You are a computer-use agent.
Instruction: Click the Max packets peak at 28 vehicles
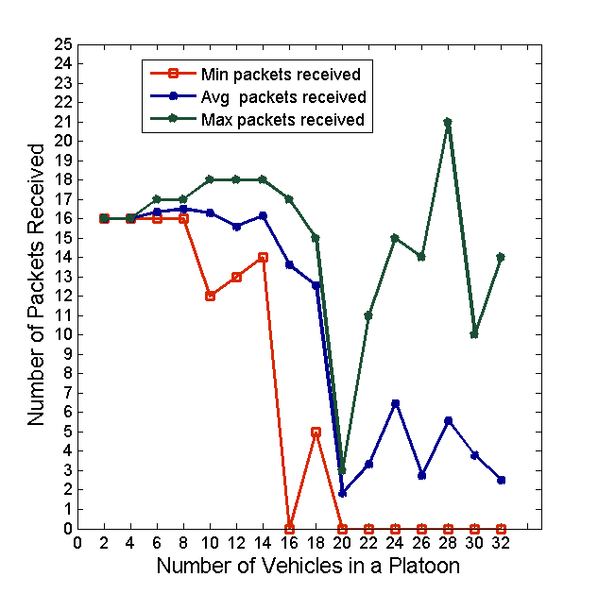point(448,122)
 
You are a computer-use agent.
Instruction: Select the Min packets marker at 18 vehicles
point(316,432)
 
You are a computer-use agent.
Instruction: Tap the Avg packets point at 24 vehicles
point(395,403)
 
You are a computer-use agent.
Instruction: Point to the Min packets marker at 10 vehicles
point(210,296)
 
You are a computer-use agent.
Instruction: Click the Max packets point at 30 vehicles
point(474,334)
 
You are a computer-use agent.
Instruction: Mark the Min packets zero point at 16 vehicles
point(289,529)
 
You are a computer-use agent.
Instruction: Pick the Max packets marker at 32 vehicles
point(501,257)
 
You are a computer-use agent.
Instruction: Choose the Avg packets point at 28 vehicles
point(448,420)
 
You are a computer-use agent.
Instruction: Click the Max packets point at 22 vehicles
point(368,315)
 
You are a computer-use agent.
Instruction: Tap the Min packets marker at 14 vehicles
point(263,257)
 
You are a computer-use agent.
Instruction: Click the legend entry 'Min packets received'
point(282,74)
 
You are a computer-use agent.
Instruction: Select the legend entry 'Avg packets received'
point(283,97)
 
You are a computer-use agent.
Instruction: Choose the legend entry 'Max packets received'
point(282,120)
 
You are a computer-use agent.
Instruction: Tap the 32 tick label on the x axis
point(501,544)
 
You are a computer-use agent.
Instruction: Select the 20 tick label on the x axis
point(342,544)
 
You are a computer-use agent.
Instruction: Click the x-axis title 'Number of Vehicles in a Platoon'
point(308,567)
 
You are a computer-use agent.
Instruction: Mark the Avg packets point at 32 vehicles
point(501,480)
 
